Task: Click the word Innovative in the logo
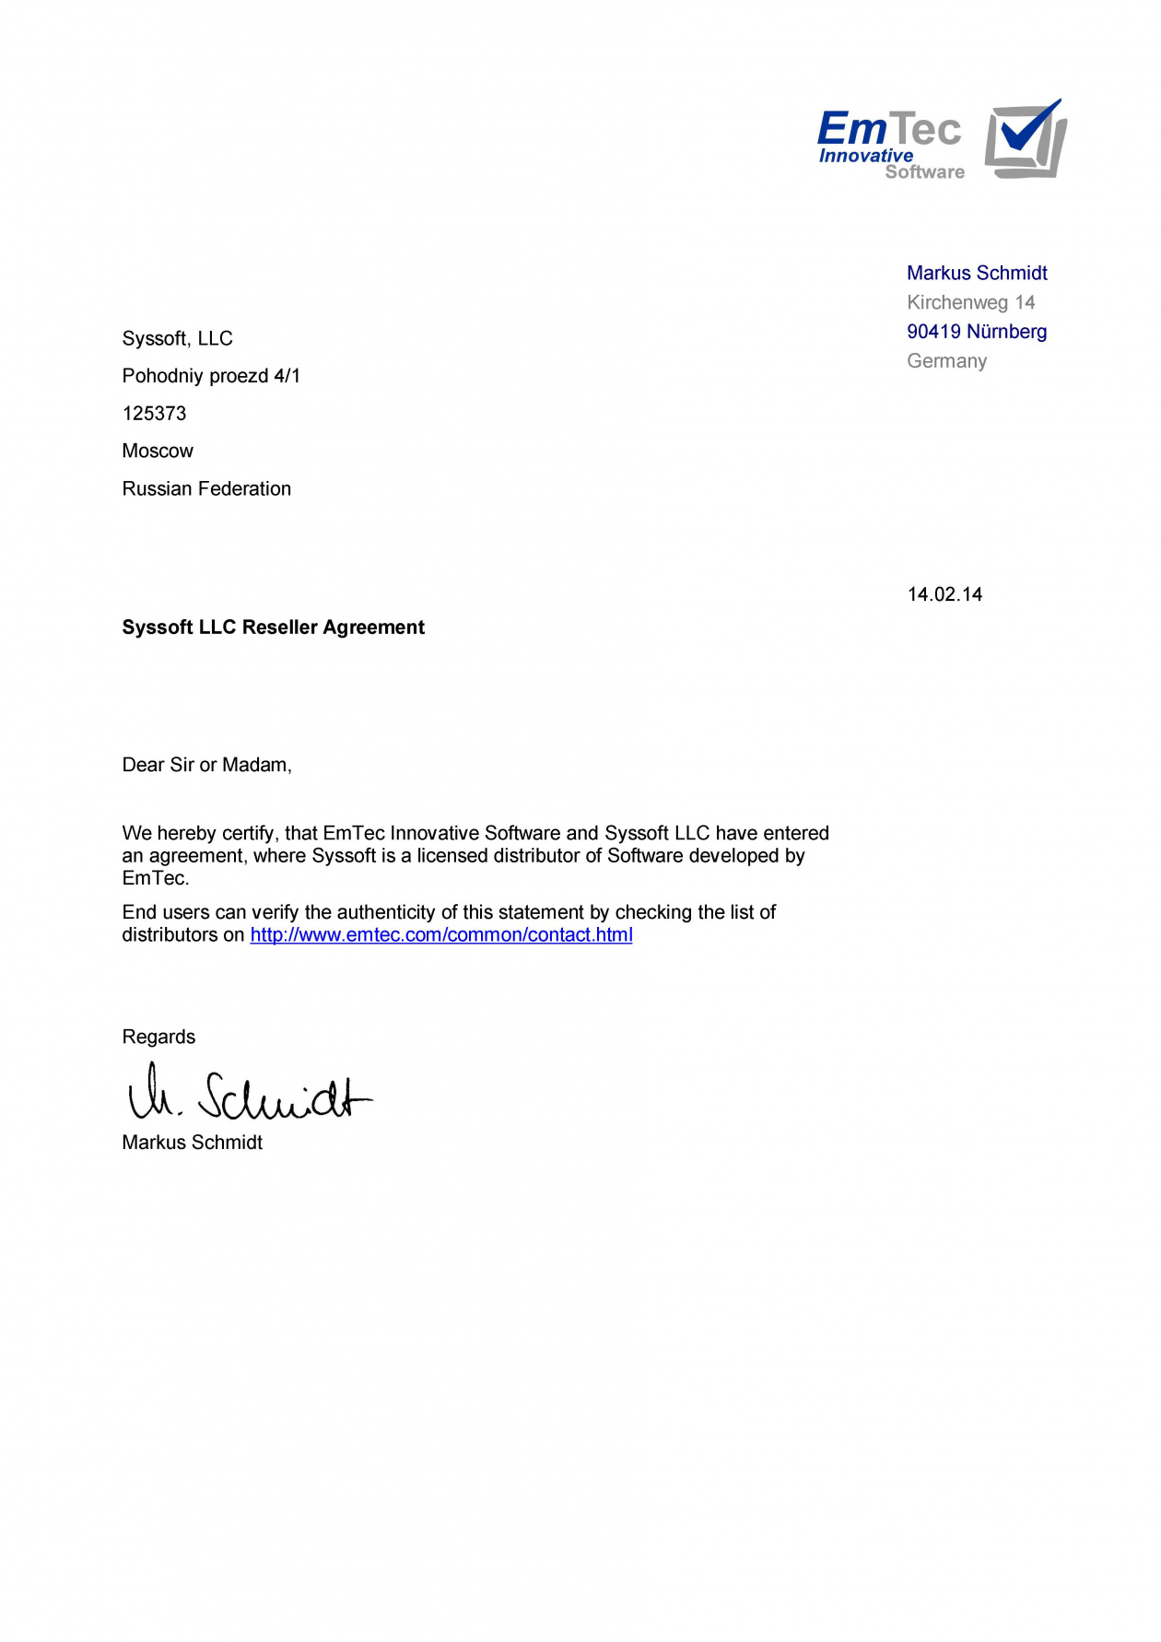tap(865, 156)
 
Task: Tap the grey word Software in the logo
tap(924, 172)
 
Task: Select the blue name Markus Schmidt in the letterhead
tap(977, 273)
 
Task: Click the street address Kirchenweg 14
tap(970, 302)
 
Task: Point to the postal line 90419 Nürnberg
tap(977, 332)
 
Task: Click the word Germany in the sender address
tap(946, 361)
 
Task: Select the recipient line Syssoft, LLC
tap(177, 339)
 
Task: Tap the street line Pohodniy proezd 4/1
tap(211, 376)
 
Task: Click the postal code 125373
tap(154, 414)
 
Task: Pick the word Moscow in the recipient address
tap(158, 452)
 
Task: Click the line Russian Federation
tap(206, 489)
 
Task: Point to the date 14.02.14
tap(944, 594)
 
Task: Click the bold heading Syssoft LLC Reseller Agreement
tap(273, 627)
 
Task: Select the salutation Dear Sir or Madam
tap(206, 765)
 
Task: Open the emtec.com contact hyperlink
tap(441, 935)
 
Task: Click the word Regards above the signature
tap(158, 1037)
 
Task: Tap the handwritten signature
tap(249, 1094)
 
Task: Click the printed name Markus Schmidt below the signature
tap(192, 1143)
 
